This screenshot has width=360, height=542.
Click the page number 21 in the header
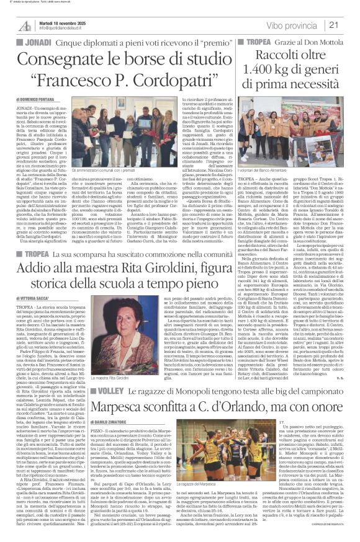[x=349, y=25]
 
